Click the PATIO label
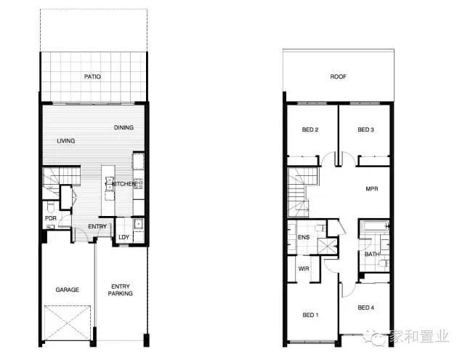point(92,76)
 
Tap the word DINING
point(124,127)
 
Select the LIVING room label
point(66,140)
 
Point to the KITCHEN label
point(124,184)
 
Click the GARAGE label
point(68,289)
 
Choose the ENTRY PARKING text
point(120,290)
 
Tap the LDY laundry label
point(124,237)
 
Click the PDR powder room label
point(51,218)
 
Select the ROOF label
point(339,76)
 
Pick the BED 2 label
point(310,129)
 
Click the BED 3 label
point(365,129)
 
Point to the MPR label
point(372,189)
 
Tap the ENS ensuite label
point(304,237)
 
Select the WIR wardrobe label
point(304,268)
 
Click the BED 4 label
point(365,308)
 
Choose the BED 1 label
point(310,315)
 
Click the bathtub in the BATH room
point(374,226)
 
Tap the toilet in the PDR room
point(50,205)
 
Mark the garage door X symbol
point(68,323)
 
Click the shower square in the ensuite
point(328,246)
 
